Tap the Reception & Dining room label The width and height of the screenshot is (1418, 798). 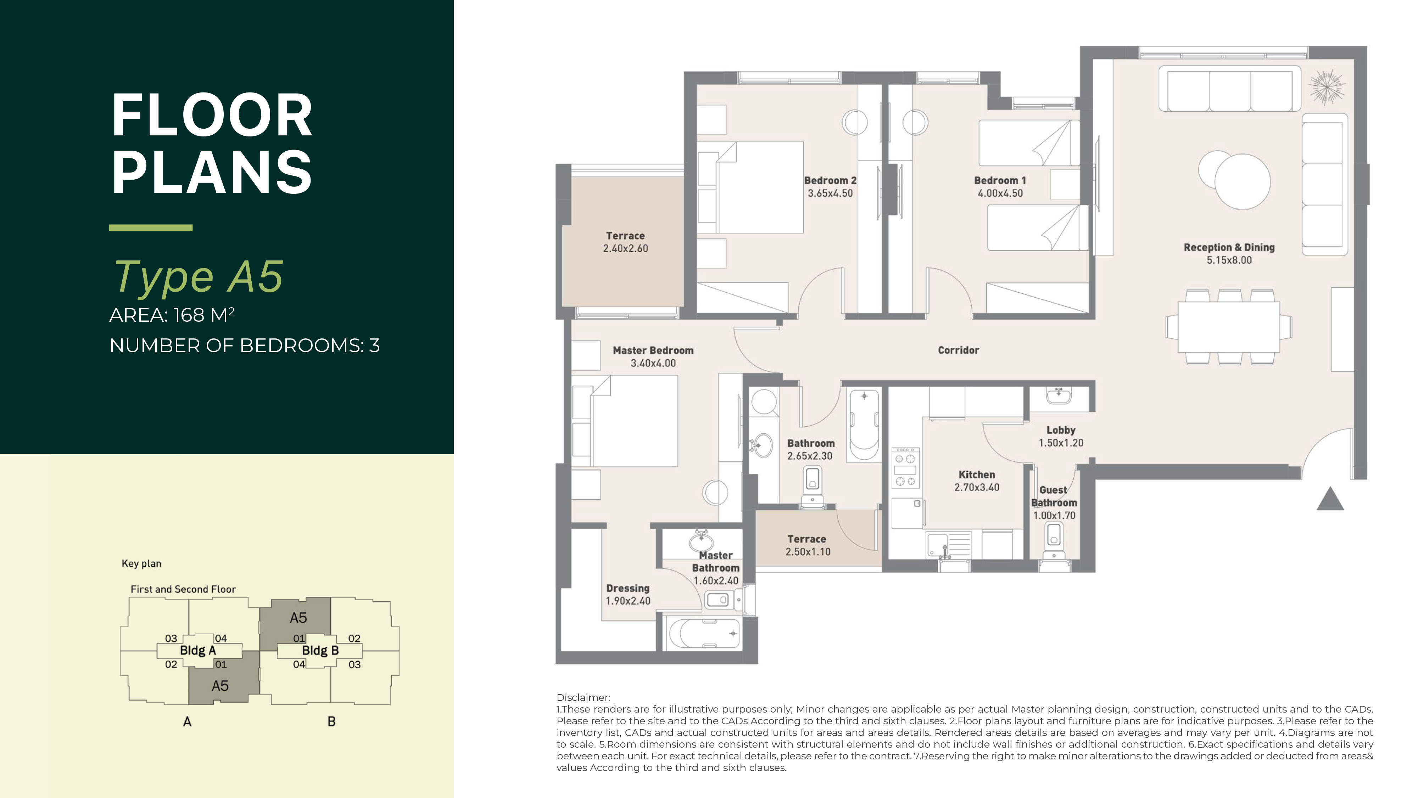[1229, 248]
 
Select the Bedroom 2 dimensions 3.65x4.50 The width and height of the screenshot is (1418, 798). [830, 193]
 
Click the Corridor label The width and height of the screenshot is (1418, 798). [958, 350]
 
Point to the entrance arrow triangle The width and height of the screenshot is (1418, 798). [1330, 499]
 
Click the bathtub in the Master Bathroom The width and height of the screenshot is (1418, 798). [703, 634]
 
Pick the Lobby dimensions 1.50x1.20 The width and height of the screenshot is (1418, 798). [1061, 443]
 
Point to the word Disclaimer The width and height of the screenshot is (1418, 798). [583, 698]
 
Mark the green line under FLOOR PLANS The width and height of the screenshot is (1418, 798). [151, 227]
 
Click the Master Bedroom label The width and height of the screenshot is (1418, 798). [653, 350]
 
